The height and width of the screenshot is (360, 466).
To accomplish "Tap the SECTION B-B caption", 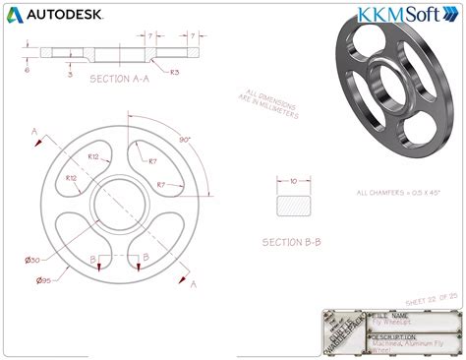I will point(294,241).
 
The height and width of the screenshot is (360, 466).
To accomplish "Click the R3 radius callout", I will point(174,72).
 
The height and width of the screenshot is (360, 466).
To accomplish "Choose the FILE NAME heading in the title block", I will point(389,315).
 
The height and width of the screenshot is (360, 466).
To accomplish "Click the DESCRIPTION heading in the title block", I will point(394,335).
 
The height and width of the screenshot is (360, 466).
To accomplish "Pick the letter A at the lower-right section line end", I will point(194,284).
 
